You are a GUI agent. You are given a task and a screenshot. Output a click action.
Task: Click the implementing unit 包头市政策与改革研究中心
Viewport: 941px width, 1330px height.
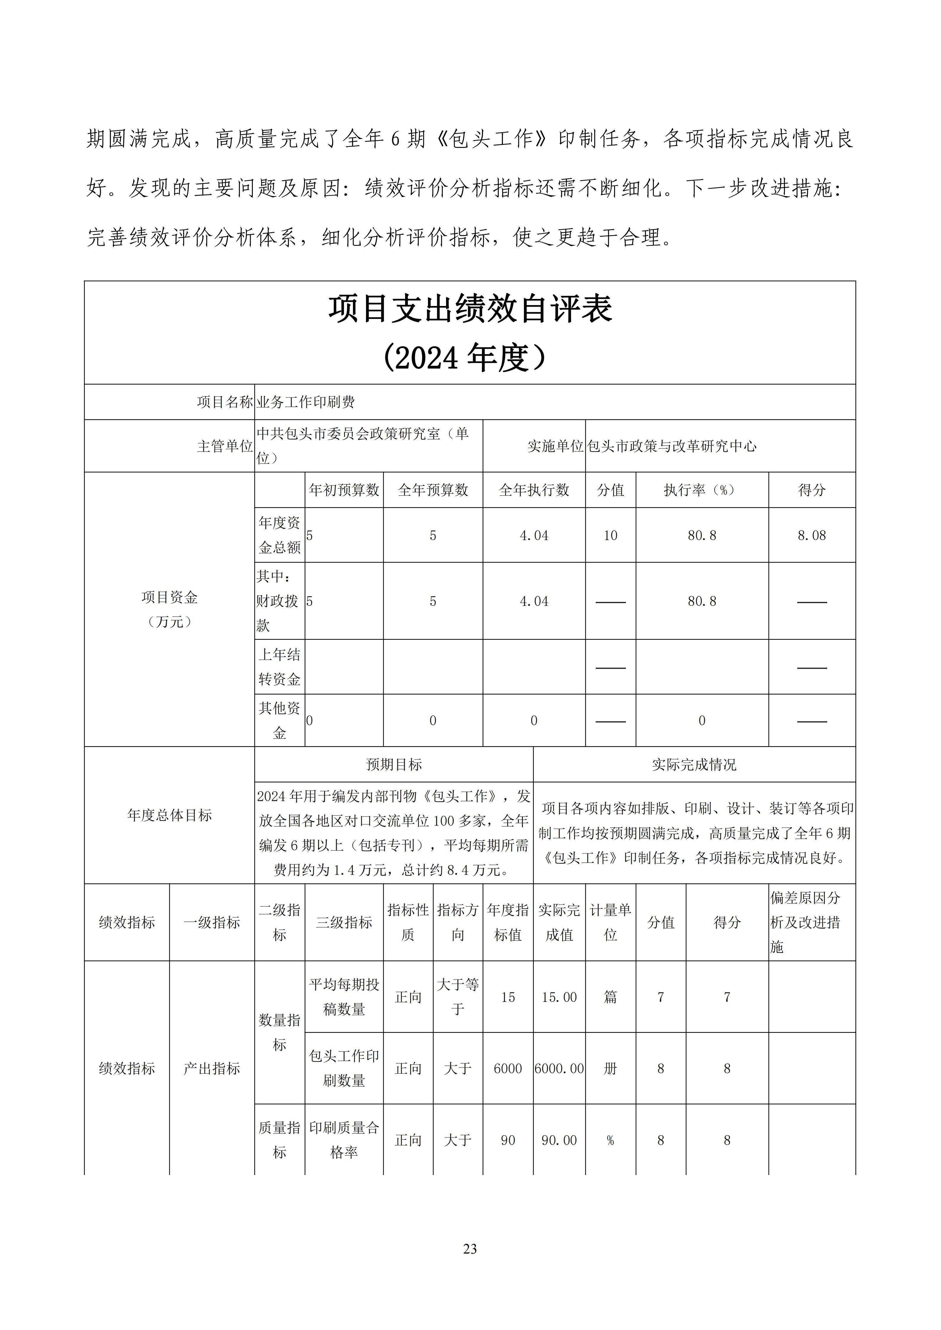pyautogui.click(x=672, y=446)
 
